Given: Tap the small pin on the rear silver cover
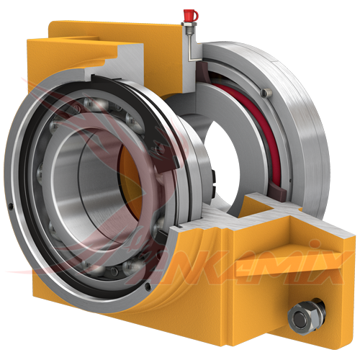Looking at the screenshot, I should [x=266, y=92].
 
